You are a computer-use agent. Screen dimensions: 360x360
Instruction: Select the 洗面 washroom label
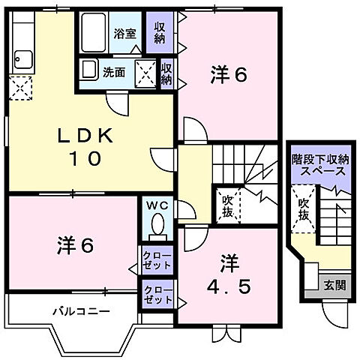114,73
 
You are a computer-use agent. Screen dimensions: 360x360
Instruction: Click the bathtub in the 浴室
94,32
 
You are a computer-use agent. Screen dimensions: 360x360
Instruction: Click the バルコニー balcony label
82,310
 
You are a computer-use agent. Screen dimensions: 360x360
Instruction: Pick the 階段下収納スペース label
319,165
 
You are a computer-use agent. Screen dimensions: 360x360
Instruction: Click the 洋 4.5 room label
228,275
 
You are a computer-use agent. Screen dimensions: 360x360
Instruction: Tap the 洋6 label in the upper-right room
229,74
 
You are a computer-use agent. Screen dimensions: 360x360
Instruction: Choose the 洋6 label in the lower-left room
76,244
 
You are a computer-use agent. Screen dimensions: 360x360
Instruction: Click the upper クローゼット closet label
157,262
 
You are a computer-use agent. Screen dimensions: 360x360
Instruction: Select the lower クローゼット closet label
157,295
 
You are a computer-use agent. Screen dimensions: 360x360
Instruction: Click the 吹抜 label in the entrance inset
303,208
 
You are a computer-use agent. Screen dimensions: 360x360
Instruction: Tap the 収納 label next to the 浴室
160,33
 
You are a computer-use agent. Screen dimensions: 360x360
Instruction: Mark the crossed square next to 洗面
144,73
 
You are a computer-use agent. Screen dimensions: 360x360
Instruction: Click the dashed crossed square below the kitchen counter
20,89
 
